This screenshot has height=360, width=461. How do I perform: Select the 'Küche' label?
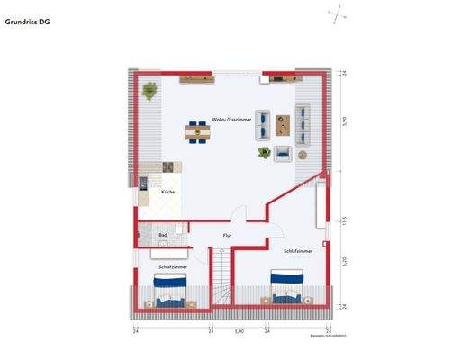click(x=167, y=193)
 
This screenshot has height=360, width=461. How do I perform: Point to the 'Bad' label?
click(x=163, y=235)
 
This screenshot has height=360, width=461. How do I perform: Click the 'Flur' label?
click(x=227, y=235)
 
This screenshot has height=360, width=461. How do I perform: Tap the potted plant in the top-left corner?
click(x=149, y=89)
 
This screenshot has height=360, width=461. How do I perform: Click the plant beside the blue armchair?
click(x=264, y=153)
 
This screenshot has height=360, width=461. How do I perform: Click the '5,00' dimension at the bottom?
click(x=239, y=331)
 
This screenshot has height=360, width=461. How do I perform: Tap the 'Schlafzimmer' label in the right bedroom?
click(x=297, y=251)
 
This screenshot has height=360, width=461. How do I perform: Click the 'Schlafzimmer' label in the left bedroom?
click(x=172, y=267)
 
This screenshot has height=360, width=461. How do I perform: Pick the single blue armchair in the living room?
click(x=283, y=152)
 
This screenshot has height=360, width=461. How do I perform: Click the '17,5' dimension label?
click(x=343, y=220)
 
